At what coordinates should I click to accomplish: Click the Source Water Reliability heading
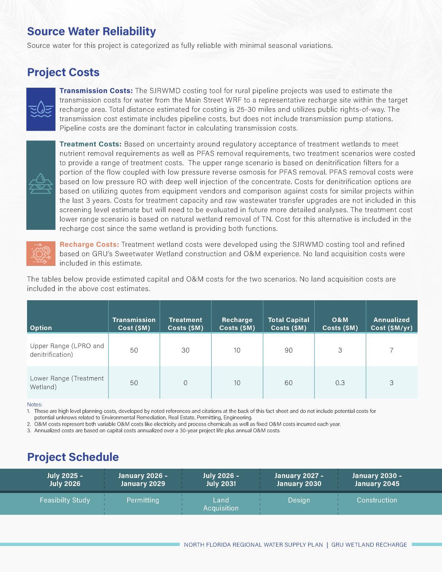91,31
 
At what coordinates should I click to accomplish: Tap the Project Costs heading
63,72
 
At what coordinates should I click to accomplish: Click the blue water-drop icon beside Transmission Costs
41,109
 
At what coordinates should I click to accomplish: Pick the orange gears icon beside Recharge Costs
41,253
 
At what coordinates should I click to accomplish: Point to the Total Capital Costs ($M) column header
288,324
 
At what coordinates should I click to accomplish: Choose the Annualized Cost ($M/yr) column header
391,324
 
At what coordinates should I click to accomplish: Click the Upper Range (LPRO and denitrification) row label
67,350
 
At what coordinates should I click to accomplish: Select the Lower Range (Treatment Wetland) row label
67,383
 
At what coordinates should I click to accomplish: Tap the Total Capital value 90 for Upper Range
288,350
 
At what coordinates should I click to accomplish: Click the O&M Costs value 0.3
340,383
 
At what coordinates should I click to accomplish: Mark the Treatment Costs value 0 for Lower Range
185,383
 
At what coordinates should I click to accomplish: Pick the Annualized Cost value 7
391,350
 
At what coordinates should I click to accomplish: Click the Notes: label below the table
35,404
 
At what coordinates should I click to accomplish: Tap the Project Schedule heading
73,457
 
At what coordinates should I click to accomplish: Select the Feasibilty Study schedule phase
65,500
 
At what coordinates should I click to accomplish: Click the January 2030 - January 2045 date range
377,480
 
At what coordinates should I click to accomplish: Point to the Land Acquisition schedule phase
221,504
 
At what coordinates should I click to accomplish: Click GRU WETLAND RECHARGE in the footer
369,545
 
